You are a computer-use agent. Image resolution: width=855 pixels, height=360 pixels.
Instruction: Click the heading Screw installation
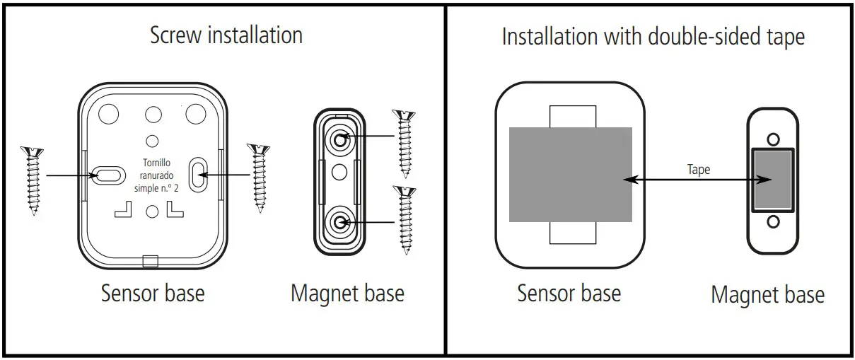(226, 35)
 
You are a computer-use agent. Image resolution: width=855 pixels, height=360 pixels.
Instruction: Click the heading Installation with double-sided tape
(652, 37)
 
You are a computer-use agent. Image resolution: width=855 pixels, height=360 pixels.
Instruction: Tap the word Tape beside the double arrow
(698, 170)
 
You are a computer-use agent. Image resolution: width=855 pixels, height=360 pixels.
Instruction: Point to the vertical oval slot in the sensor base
(198, 173)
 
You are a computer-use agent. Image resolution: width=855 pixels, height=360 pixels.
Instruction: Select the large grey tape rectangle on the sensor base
(570, 174)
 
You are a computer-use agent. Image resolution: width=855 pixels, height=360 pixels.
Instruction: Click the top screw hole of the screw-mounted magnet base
(340, 139)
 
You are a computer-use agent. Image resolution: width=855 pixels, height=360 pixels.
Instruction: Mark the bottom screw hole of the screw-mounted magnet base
(340, 223)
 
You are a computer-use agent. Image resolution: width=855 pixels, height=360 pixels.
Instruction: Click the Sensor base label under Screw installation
(152, 292)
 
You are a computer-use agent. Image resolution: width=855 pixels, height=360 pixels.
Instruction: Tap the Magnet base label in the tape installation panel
(767, 294)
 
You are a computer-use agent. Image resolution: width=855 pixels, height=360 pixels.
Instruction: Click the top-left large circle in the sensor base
(109, 112)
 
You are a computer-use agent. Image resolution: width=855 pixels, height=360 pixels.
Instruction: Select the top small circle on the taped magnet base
(773, 139)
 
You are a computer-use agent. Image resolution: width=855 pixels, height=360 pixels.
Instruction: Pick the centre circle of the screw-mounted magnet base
(340, 170)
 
